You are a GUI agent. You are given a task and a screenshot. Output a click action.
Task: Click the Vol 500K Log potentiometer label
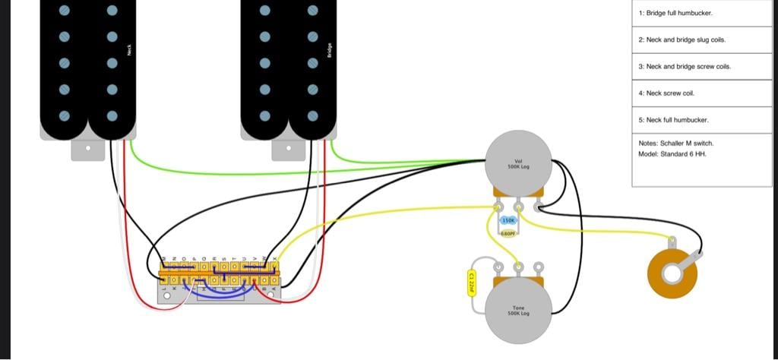click(518, 163)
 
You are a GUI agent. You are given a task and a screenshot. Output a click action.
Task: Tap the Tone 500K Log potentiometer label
click(519, 312)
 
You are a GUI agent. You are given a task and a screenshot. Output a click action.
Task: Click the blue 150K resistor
click(509, 220)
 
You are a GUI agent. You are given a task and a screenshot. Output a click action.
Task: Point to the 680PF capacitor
click(509, 233)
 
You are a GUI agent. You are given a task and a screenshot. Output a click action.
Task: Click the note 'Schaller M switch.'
click(676, 143)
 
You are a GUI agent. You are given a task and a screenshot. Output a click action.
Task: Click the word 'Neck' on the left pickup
click(130, 51)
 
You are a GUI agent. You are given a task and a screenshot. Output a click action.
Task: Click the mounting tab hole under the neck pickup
click(88, 149)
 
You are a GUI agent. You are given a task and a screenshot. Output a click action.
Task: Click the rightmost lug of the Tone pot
click(538, 267)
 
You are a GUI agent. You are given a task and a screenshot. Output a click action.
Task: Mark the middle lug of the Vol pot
click(518, 205)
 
